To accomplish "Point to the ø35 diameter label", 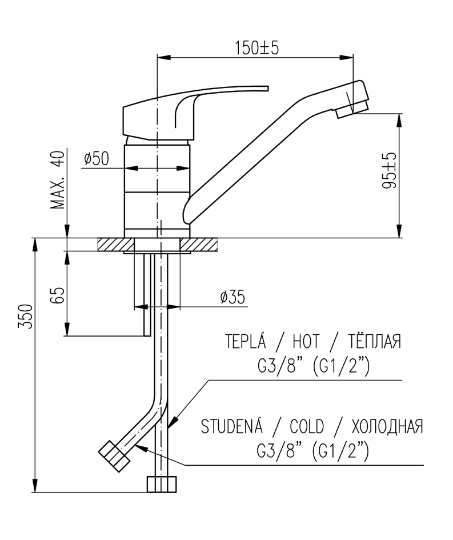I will coord(232,297).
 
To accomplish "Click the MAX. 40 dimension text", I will coord(57,180).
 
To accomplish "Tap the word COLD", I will coord(307,427).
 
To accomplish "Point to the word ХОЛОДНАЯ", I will coord(388,427).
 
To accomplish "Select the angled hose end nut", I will coord(114,455).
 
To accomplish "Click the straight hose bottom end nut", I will coord(162,485).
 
